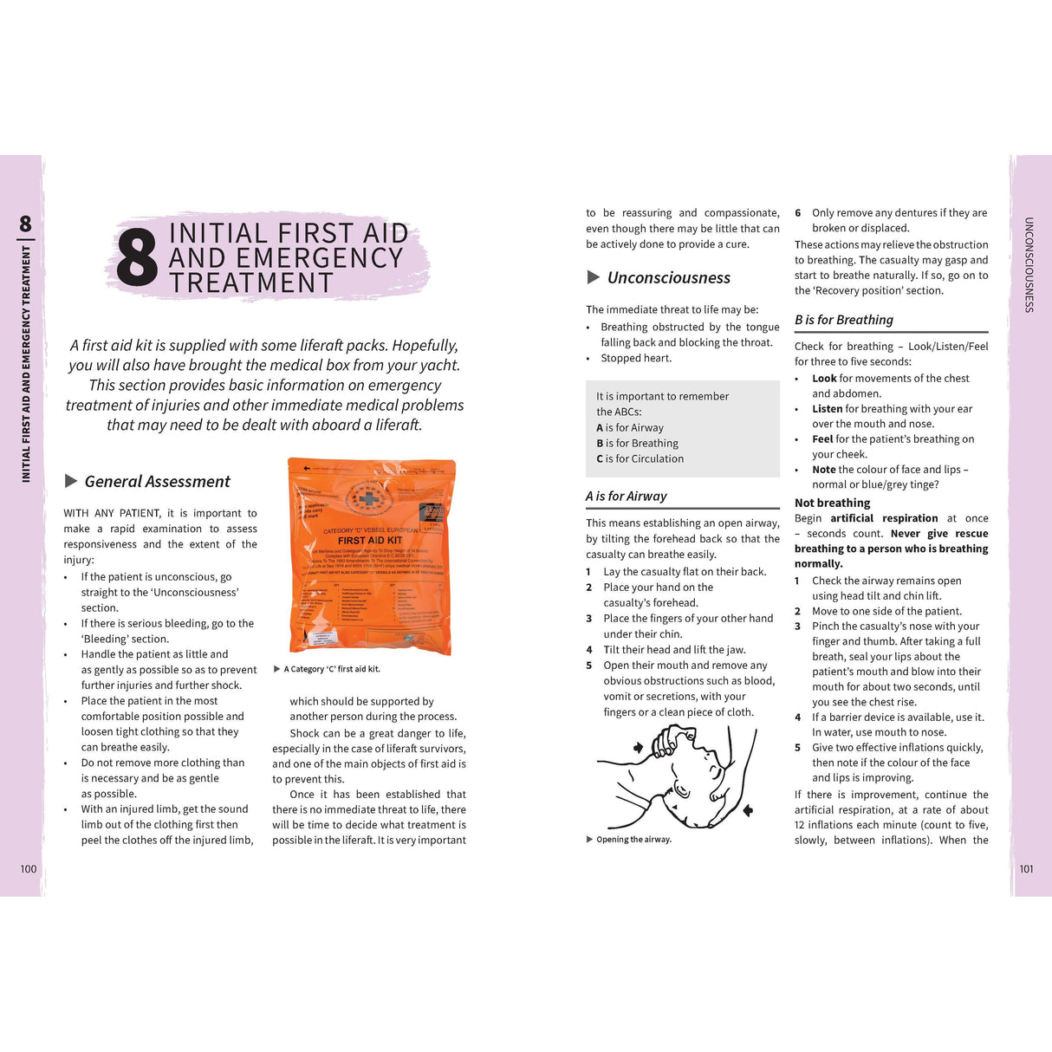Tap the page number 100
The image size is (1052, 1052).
(29, 868)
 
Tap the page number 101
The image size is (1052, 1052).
(1026, 868)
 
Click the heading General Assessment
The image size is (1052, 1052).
(157, 482)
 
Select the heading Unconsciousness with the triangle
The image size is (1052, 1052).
(668, 278)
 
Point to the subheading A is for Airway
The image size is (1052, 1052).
(627, 497)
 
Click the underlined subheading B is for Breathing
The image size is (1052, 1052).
(844, 320)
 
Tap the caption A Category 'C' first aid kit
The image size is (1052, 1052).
(332, 669)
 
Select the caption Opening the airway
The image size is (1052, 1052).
(633, 839)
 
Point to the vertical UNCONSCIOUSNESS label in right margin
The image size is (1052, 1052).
(1029, 264)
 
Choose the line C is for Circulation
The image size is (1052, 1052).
(640, 459)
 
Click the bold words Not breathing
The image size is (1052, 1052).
(832, 503)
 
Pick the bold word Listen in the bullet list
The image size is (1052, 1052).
(827, 409)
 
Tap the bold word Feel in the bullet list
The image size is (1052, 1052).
(822, 439)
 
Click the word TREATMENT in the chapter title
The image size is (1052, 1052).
(251, 283)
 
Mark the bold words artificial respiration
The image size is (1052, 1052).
(884, 518)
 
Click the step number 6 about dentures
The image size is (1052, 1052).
(798, 213)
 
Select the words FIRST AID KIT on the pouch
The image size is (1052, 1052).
(370, 540)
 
